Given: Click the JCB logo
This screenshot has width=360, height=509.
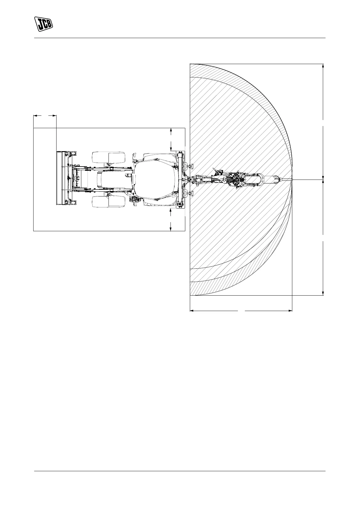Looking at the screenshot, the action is tap(44, 24).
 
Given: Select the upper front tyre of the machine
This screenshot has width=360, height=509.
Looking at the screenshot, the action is tap(109, 157).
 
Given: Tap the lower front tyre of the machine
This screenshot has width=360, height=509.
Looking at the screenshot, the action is tap(109, 202).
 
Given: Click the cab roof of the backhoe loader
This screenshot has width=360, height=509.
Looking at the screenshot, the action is tap(156, 180).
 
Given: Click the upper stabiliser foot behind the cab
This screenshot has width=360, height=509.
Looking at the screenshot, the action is tap(189, 167).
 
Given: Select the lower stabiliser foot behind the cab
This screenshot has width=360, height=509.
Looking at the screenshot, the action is tap(189, 193).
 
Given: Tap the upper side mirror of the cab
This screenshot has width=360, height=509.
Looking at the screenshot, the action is tap(134, 156).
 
